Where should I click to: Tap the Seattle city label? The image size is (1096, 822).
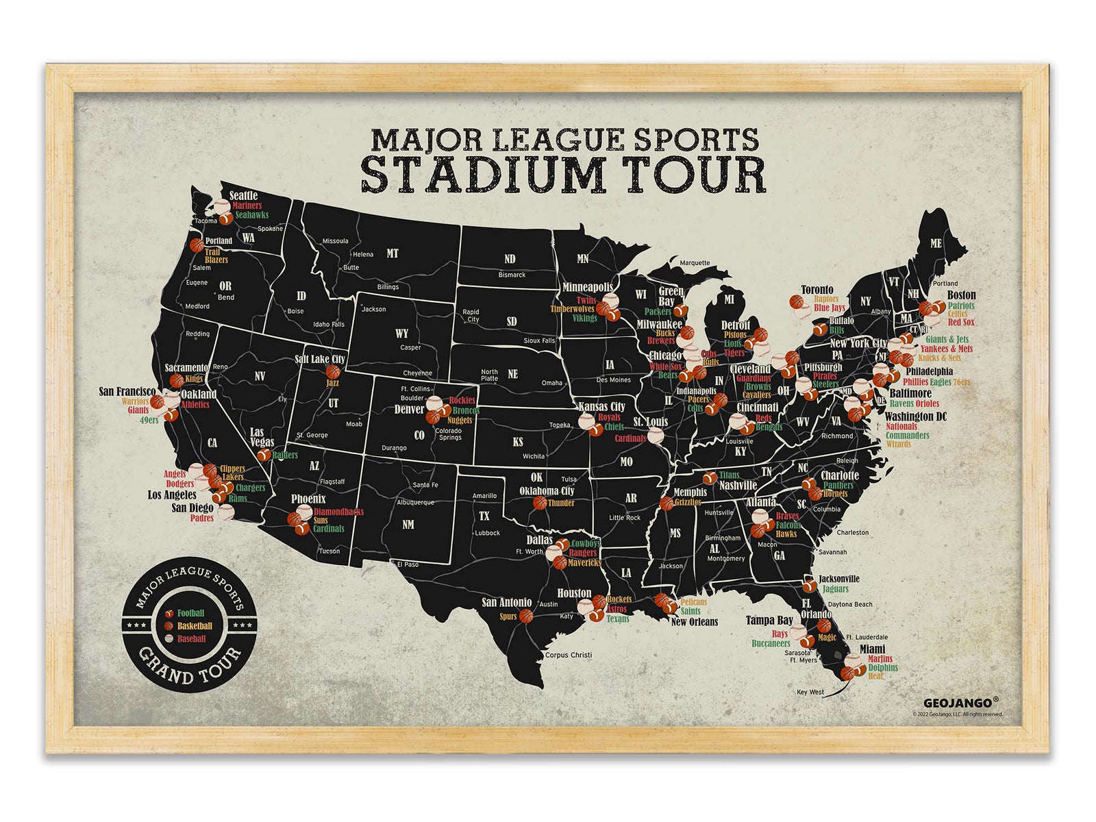click(x=243, y=196)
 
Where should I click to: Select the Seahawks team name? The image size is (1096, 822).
click(x=252, y=215)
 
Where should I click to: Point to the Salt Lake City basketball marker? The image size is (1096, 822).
click(x=333, y=372)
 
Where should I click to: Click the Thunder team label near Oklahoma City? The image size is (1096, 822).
click(x=561, y=503)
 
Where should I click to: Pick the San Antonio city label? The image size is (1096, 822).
click(x=506, y=603)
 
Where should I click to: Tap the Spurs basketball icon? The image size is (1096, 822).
click(x=526, y=616)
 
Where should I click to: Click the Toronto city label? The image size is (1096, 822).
click(x=817, y=290)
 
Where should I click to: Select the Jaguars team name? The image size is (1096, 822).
click(x=835, y=589)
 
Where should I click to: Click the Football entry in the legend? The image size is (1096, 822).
click(x=190, y=614)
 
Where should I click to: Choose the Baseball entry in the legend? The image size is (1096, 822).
click(x=191, y=639)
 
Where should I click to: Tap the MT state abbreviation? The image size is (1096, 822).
click(x=393, y=253)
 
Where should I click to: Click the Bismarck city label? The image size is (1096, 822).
click(x=512, y=275)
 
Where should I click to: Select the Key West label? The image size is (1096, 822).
click(x=810, y=692)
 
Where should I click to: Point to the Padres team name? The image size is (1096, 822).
click(x=202, y=519)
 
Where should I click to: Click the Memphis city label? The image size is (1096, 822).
click(x=690, y=492)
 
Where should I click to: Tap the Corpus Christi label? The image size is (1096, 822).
click(x=569, y=655)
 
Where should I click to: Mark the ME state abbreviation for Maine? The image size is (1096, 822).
click(x=936, y=244)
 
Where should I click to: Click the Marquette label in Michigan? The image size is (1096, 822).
click(x=695, y=263)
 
